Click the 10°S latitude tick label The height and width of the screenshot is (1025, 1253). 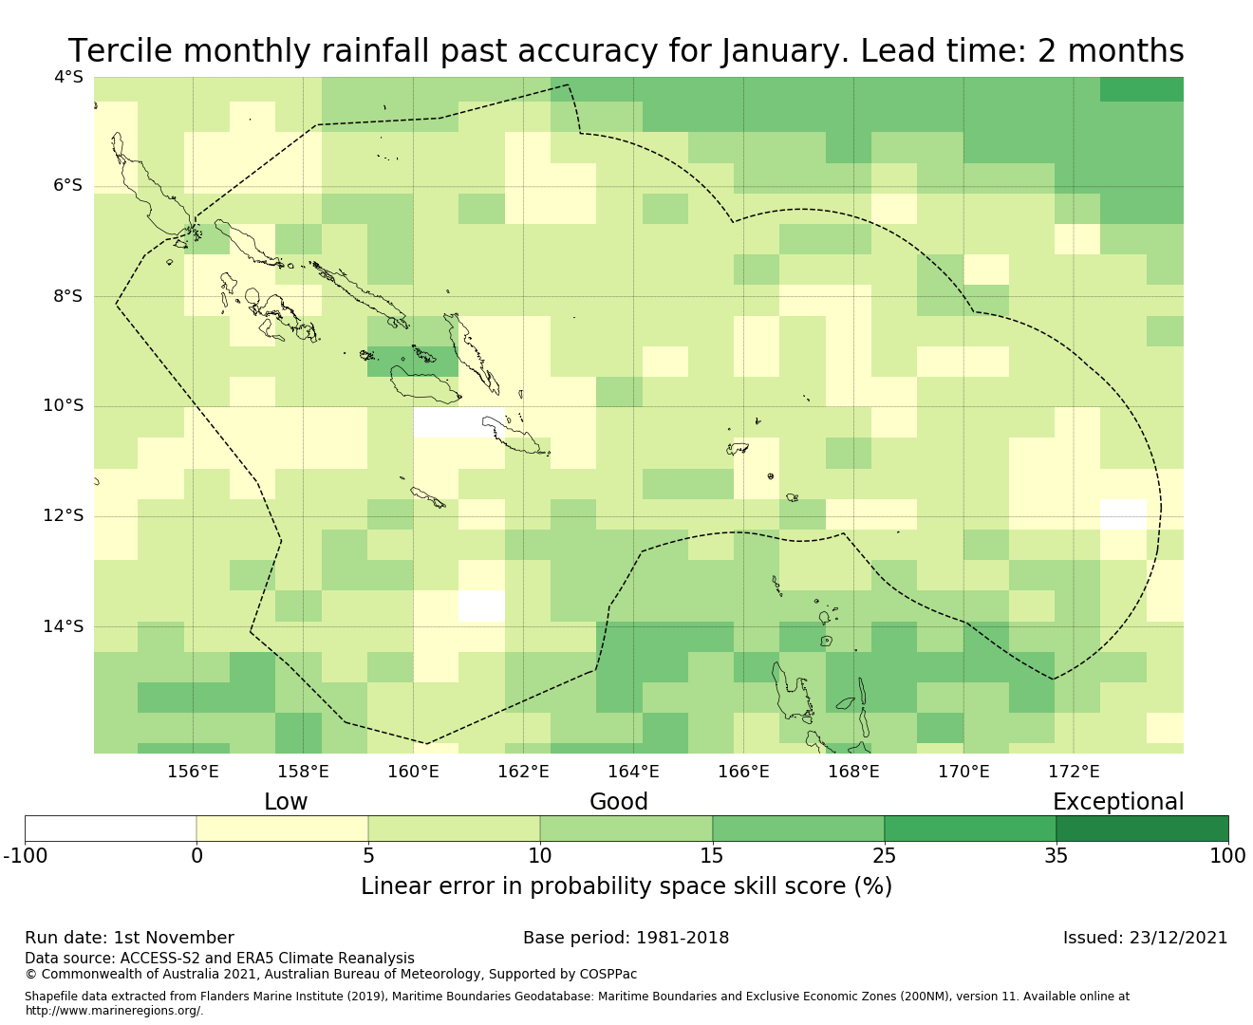tap(64, 406)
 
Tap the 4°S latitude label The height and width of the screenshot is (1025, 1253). tap(68, 77)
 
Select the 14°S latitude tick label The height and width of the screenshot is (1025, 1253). tap(64, 626)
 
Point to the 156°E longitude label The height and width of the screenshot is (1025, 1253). tap(193, 772)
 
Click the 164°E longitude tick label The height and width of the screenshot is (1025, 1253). tap(633, 772)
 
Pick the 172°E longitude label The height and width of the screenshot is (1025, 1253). tap(1074, 772)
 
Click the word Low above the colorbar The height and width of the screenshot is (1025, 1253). tap(286, 802)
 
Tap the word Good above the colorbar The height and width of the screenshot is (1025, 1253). tap(619, 802)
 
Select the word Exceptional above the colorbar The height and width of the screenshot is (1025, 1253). tap(1118, 802)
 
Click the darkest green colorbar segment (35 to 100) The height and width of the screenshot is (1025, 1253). tap(1142, 829)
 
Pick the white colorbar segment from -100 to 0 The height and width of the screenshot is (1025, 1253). tap(111, 829)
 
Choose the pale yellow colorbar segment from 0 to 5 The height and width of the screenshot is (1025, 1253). tap(282, 829)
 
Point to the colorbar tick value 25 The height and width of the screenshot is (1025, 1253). tap(884, 856)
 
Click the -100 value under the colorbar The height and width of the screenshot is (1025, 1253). tap(26, 856)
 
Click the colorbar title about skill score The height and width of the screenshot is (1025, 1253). tap(626, 886)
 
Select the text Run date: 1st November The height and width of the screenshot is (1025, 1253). tap(129, 938)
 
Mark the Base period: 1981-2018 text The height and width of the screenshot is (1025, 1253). tap(626, 938)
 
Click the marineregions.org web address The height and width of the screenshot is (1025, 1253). tap(114, 1011)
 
